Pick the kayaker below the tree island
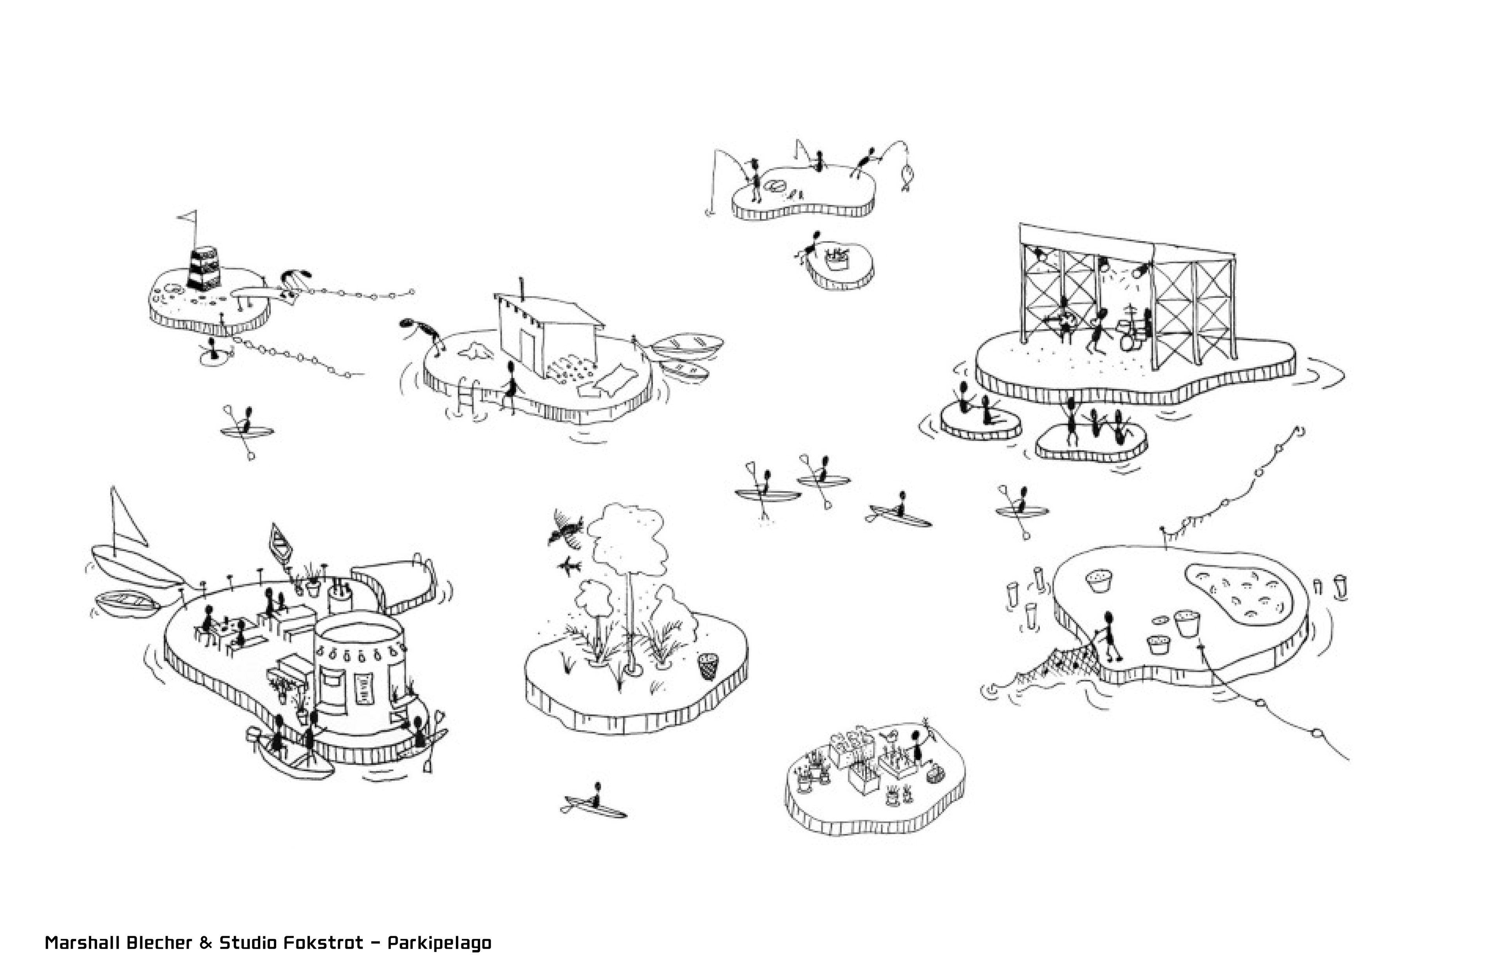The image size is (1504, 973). [x=595, y=802]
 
